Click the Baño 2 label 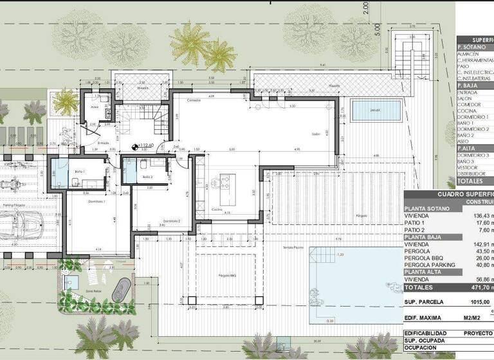pos(147,177)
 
